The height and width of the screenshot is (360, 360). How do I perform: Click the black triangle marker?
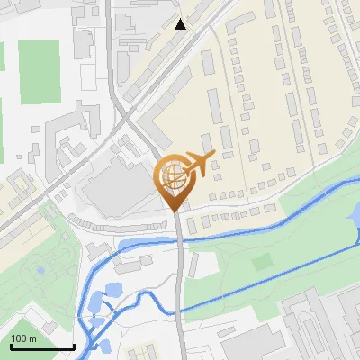click(181, 24)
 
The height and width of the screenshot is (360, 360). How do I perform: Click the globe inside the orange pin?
click(173, 175)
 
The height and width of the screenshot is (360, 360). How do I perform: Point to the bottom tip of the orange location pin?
click(175, 211)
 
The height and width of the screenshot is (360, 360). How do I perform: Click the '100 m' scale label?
click(23, 338)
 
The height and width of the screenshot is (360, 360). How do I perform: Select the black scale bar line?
click(42, 347)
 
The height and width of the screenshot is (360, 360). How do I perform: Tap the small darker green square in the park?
click(262, 262)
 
